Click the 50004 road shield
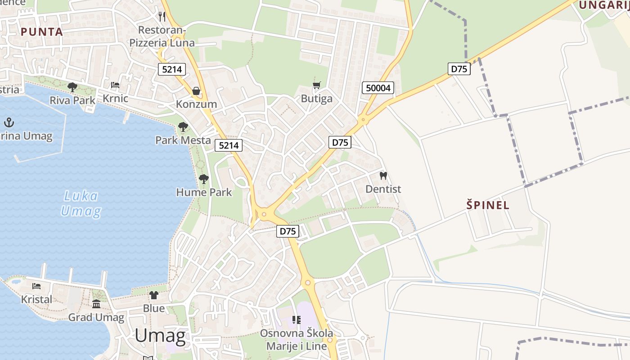click(378, 88)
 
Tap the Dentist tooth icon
click(383, 175)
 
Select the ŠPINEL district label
click(488, 206)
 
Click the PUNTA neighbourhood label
click(41, 32)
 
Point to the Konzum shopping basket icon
click(196, 91)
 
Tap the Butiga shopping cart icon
click(317, 85)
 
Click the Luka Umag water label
click(81, 203)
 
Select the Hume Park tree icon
click(204, 179)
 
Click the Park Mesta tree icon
click(183, 127)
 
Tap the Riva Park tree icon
click(72, 87)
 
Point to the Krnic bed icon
click(115, 85)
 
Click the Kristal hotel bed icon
click(36, 286)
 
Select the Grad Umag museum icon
click(96, 304)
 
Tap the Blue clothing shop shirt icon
click(154, 295)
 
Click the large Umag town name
click(160, 336)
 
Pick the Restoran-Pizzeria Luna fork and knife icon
click(162, 17)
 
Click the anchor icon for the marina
click(9, 122)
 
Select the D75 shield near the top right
click(459, 69)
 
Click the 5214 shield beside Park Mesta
click(229, 145)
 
